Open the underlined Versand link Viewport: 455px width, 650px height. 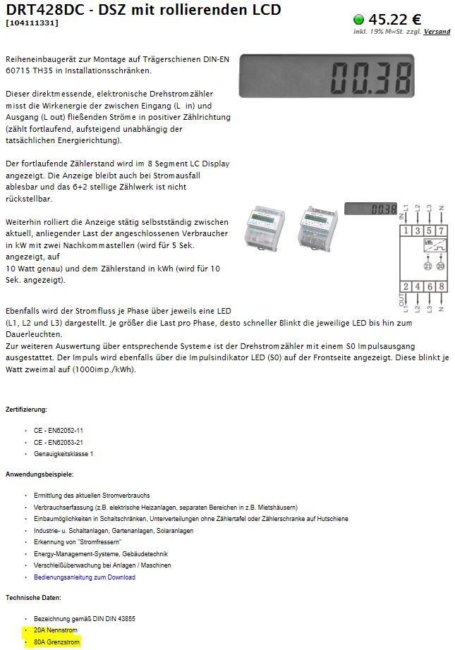(437, 32)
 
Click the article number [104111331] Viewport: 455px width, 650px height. (32, 23)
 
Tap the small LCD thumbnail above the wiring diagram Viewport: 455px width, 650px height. (371, 209)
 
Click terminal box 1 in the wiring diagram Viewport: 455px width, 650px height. (407, 231)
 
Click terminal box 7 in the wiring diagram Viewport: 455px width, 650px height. (442, 231)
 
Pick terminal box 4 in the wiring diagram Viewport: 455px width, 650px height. (419, 287)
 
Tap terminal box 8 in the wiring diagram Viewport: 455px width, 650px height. (442, 287)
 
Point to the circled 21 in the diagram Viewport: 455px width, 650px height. (427, 266)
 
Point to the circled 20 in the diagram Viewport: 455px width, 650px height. (441, 266)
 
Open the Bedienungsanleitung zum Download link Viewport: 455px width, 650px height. (84, 577)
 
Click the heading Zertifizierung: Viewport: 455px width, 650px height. (26, 410)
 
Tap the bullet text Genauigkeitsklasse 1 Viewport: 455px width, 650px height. (63, 454)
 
